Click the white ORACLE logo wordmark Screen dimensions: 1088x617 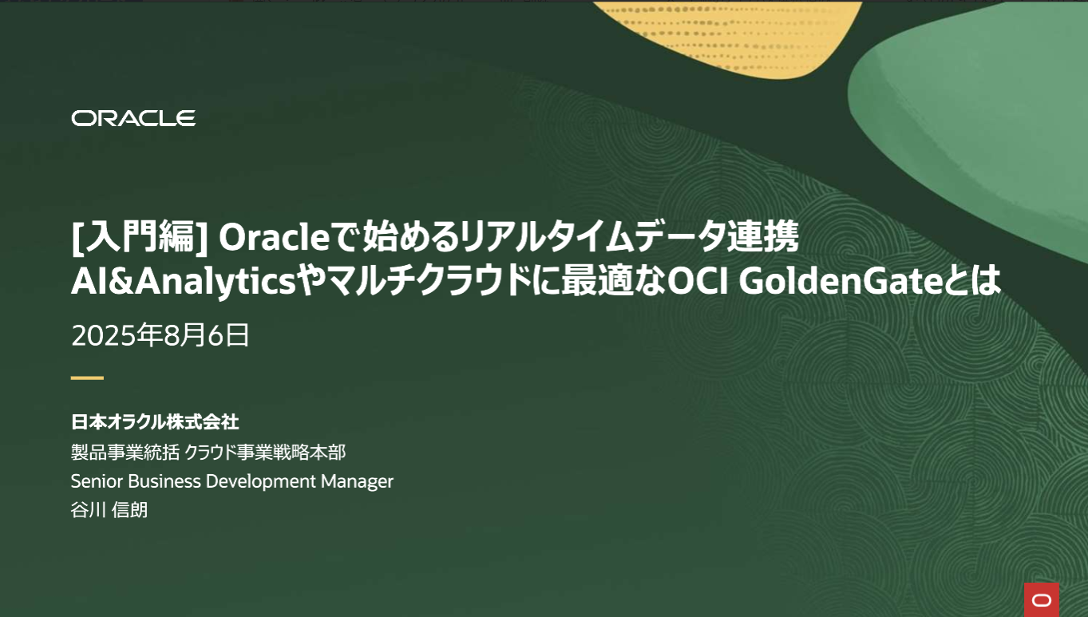pyautogui.click(x=133, y=118)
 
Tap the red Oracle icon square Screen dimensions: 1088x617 pyautogui.click(x=1042, y=599)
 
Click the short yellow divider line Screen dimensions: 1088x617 pyautogui.click(x=88, y=378)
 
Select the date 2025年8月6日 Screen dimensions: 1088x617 pyautogui.click(x=160, y=335)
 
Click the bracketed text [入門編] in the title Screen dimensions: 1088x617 pyautogui.click(x=140, y=237)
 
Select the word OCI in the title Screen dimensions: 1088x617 pyautogui.click(x=698, y=281)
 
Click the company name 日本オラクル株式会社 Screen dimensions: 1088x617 pyautogui.click(x=155, y=421)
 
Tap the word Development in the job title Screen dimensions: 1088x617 pyautogui.click(x=260, y=482)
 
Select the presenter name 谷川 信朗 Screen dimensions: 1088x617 pyautogui.click(x=109, y=510)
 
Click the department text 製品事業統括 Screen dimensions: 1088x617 pyautogui.click(x=125, y=453)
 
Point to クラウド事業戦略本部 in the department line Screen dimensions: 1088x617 pyautogui.click(x=265, y=453)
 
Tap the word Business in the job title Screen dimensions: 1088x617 pyautogui.click(x=164, y=481)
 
